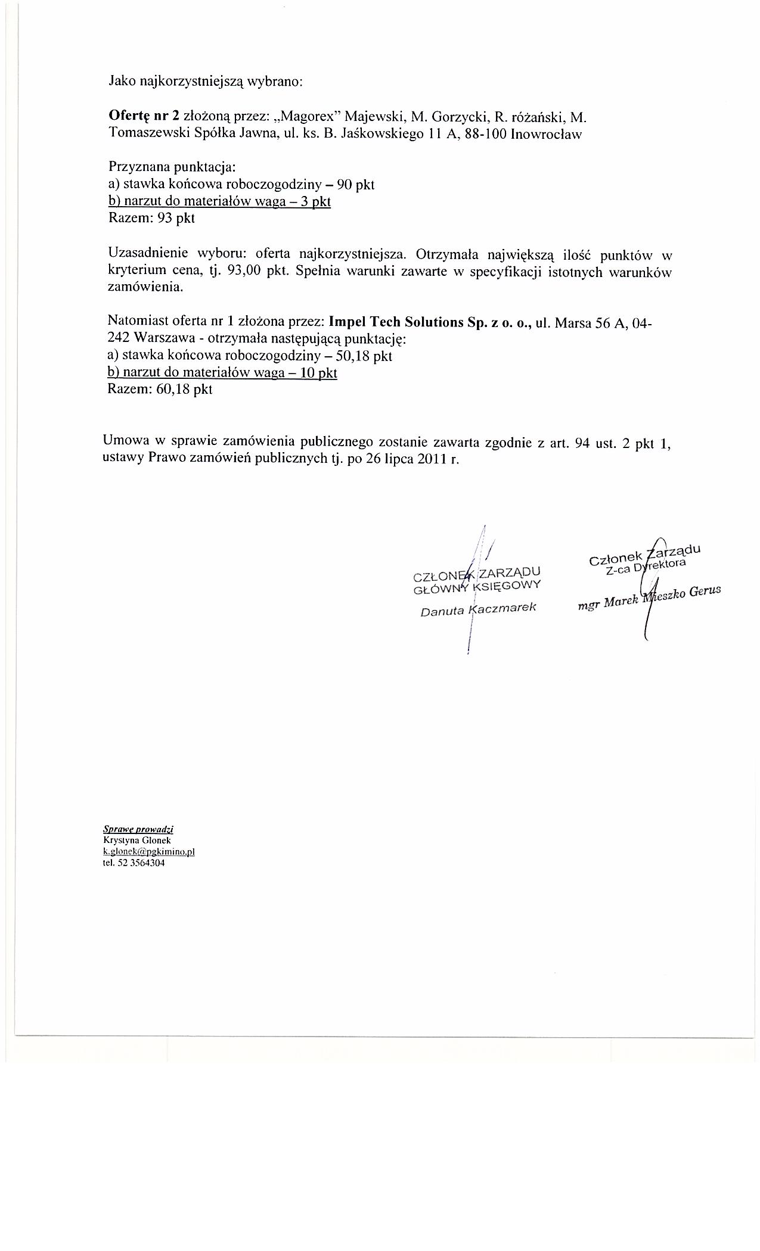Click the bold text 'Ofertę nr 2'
pyautogui.click(x=144, y=116)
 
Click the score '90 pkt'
pyautogui.click(x=355, y=185)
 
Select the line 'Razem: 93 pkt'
pyautogui.click(x=151, y=218)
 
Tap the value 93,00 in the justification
pyautogui.click(x=241, y=272)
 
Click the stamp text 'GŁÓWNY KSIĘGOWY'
pyautogui.click(x=477, y=587)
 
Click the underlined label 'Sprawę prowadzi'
pyautogui.click(x=138, y=829)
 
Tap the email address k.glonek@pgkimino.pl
pyautogui.click(x=149, y=852)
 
